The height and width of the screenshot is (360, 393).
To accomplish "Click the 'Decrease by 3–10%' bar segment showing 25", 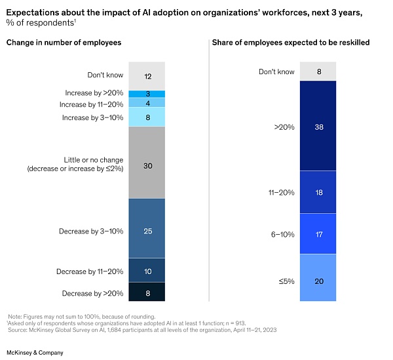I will pos(147,230).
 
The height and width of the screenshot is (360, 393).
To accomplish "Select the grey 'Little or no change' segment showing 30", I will pos(147,165).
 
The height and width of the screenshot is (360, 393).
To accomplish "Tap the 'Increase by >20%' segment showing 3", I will pos(147,94).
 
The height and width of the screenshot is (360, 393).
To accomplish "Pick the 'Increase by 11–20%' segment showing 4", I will pos(147,104).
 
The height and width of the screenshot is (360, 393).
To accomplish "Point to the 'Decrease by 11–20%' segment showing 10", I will pos(147,271).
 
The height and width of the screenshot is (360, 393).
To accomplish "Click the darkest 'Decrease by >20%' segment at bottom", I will pos(147,293).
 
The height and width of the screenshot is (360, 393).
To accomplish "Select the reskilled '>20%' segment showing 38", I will pos(318,127).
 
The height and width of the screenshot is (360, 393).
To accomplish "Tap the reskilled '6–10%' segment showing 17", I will pos(318,233).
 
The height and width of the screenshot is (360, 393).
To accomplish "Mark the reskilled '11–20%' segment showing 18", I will pos(318,193).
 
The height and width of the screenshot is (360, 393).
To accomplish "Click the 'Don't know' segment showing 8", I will pos(318,71).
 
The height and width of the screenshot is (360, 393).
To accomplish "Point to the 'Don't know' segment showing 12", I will pos(147,75).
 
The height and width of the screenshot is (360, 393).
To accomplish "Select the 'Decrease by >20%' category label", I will pos(93,293).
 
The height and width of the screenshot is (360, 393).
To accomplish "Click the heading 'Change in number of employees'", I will pos(64,43).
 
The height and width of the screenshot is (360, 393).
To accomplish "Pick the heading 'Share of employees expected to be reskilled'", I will pos(290,43).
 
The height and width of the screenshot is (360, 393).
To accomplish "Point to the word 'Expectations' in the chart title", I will pos(33,11).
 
